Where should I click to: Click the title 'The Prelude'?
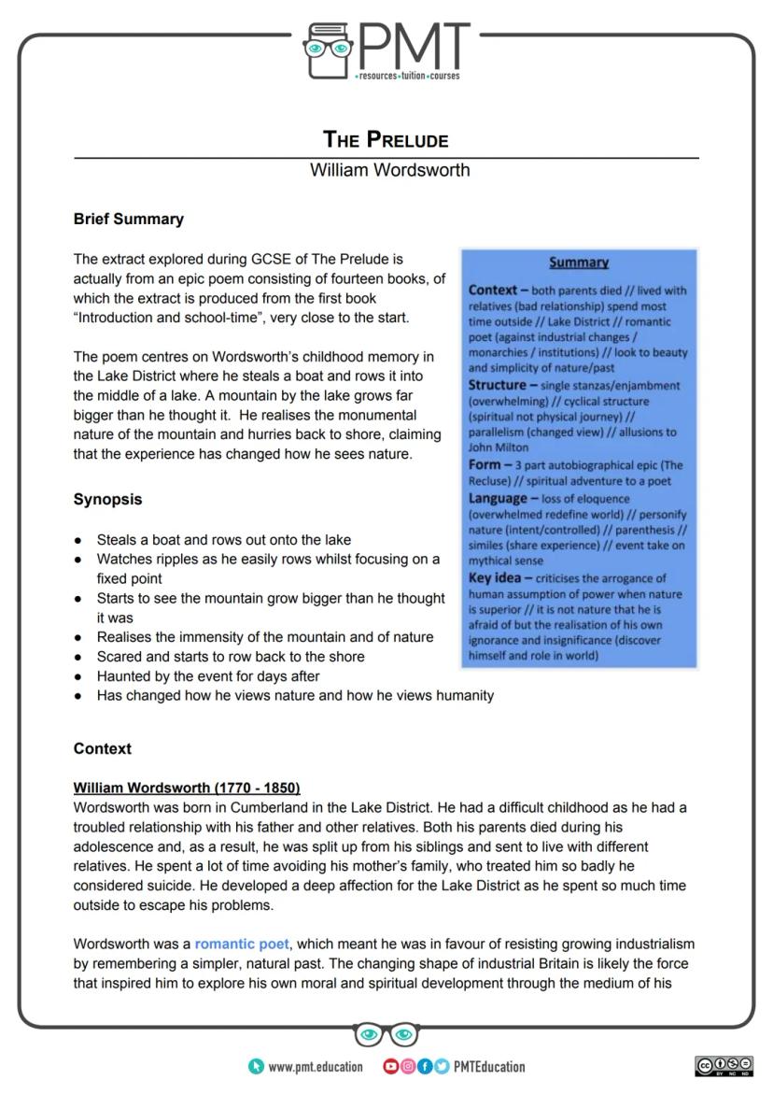point(386,140)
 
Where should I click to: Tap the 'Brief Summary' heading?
point(129,220)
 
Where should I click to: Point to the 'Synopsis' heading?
point(108,499)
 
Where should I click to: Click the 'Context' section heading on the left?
point(103,748)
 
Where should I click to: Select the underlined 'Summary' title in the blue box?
point(579,263)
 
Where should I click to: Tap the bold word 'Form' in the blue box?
point(485,464)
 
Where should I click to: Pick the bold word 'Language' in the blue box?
point(499,497)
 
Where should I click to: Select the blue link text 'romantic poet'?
point(242,945)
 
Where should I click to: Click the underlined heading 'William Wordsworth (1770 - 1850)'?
point(187,788)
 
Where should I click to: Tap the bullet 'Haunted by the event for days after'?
point(208,675)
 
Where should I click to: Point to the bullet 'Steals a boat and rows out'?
point(224,540)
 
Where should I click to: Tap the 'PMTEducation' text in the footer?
point(489,1067)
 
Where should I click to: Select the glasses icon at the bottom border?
point(386,1034)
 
